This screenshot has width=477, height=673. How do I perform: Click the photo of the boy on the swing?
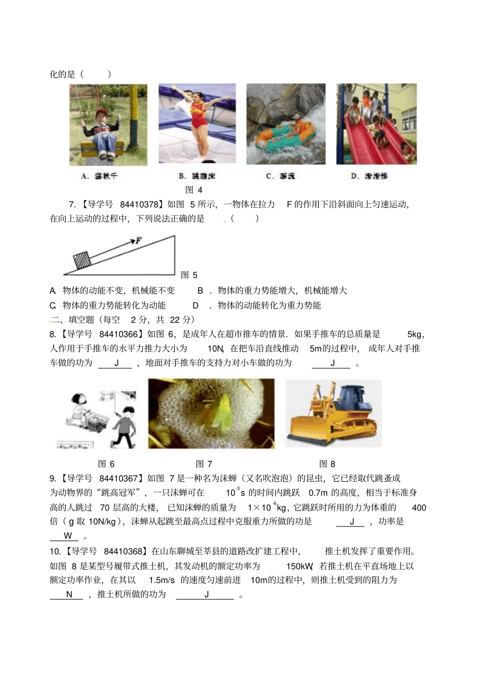108,125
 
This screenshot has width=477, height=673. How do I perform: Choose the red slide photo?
377,124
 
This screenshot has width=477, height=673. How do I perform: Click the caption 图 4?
194,190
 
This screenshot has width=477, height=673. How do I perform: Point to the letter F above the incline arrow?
138,241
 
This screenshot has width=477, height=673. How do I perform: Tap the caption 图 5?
189,275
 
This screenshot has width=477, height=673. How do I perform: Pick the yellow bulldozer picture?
333,413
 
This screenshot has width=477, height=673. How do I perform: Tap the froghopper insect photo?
211,413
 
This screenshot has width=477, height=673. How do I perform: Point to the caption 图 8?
327,464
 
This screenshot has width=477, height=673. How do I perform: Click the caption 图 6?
106,464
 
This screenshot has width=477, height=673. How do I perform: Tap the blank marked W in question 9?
67,535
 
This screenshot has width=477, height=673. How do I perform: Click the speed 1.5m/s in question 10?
162,580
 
